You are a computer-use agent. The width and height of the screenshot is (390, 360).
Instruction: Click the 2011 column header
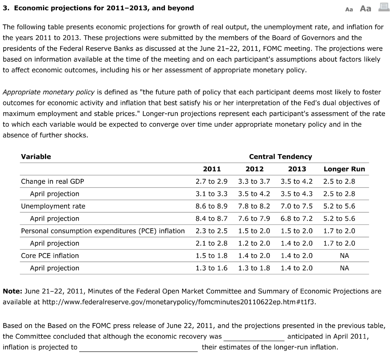[x=212, y=169]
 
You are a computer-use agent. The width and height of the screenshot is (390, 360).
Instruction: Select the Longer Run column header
[x=344, y=169]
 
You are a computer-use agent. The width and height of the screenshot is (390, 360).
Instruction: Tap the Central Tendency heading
[x=280, y=156]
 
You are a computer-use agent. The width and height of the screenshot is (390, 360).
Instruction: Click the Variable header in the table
[x=36, y=156]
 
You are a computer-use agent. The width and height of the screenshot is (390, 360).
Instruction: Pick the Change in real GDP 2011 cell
[x=211, y=182]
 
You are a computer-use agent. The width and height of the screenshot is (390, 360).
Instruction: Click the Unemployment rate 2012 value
[x=254, y=206]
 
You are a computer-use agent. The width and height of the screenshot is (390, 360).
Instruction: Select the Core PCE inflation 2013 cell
[x=296, y=256]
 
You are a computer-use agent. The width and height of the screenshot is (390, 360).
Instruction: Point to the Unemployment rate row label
[x=53, y=206]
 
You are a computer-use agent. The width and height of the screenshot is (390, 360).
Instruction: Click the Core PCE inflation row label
[x=50, y=256]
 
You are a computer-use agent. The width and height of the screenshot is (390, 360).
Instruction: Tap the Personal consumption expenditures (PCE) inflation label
[x=103, y=231]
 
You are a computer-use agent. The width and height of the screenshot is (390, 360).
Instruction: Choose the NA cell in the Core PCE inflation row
[x=344, y=256]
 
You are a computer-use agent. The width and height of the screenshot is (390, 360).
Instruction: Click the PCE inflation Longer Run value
[x=339, y=231]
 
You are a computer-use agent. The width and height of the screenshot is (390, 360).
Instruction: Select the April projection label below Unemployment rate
[x=54, y=218]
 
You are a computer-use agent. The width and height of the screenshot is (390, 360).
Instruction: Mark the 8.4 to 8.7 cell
[x=211, y=218]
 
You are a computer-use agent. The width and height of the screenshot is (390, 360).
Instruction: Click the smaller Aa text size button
[x=349, y=9]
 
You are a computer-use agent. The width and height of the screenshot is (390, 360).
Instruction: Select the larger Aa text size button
[x=365, y=8]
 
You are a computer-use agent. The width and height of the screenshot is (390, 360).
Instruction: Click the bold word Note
[x=13, y=291]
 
